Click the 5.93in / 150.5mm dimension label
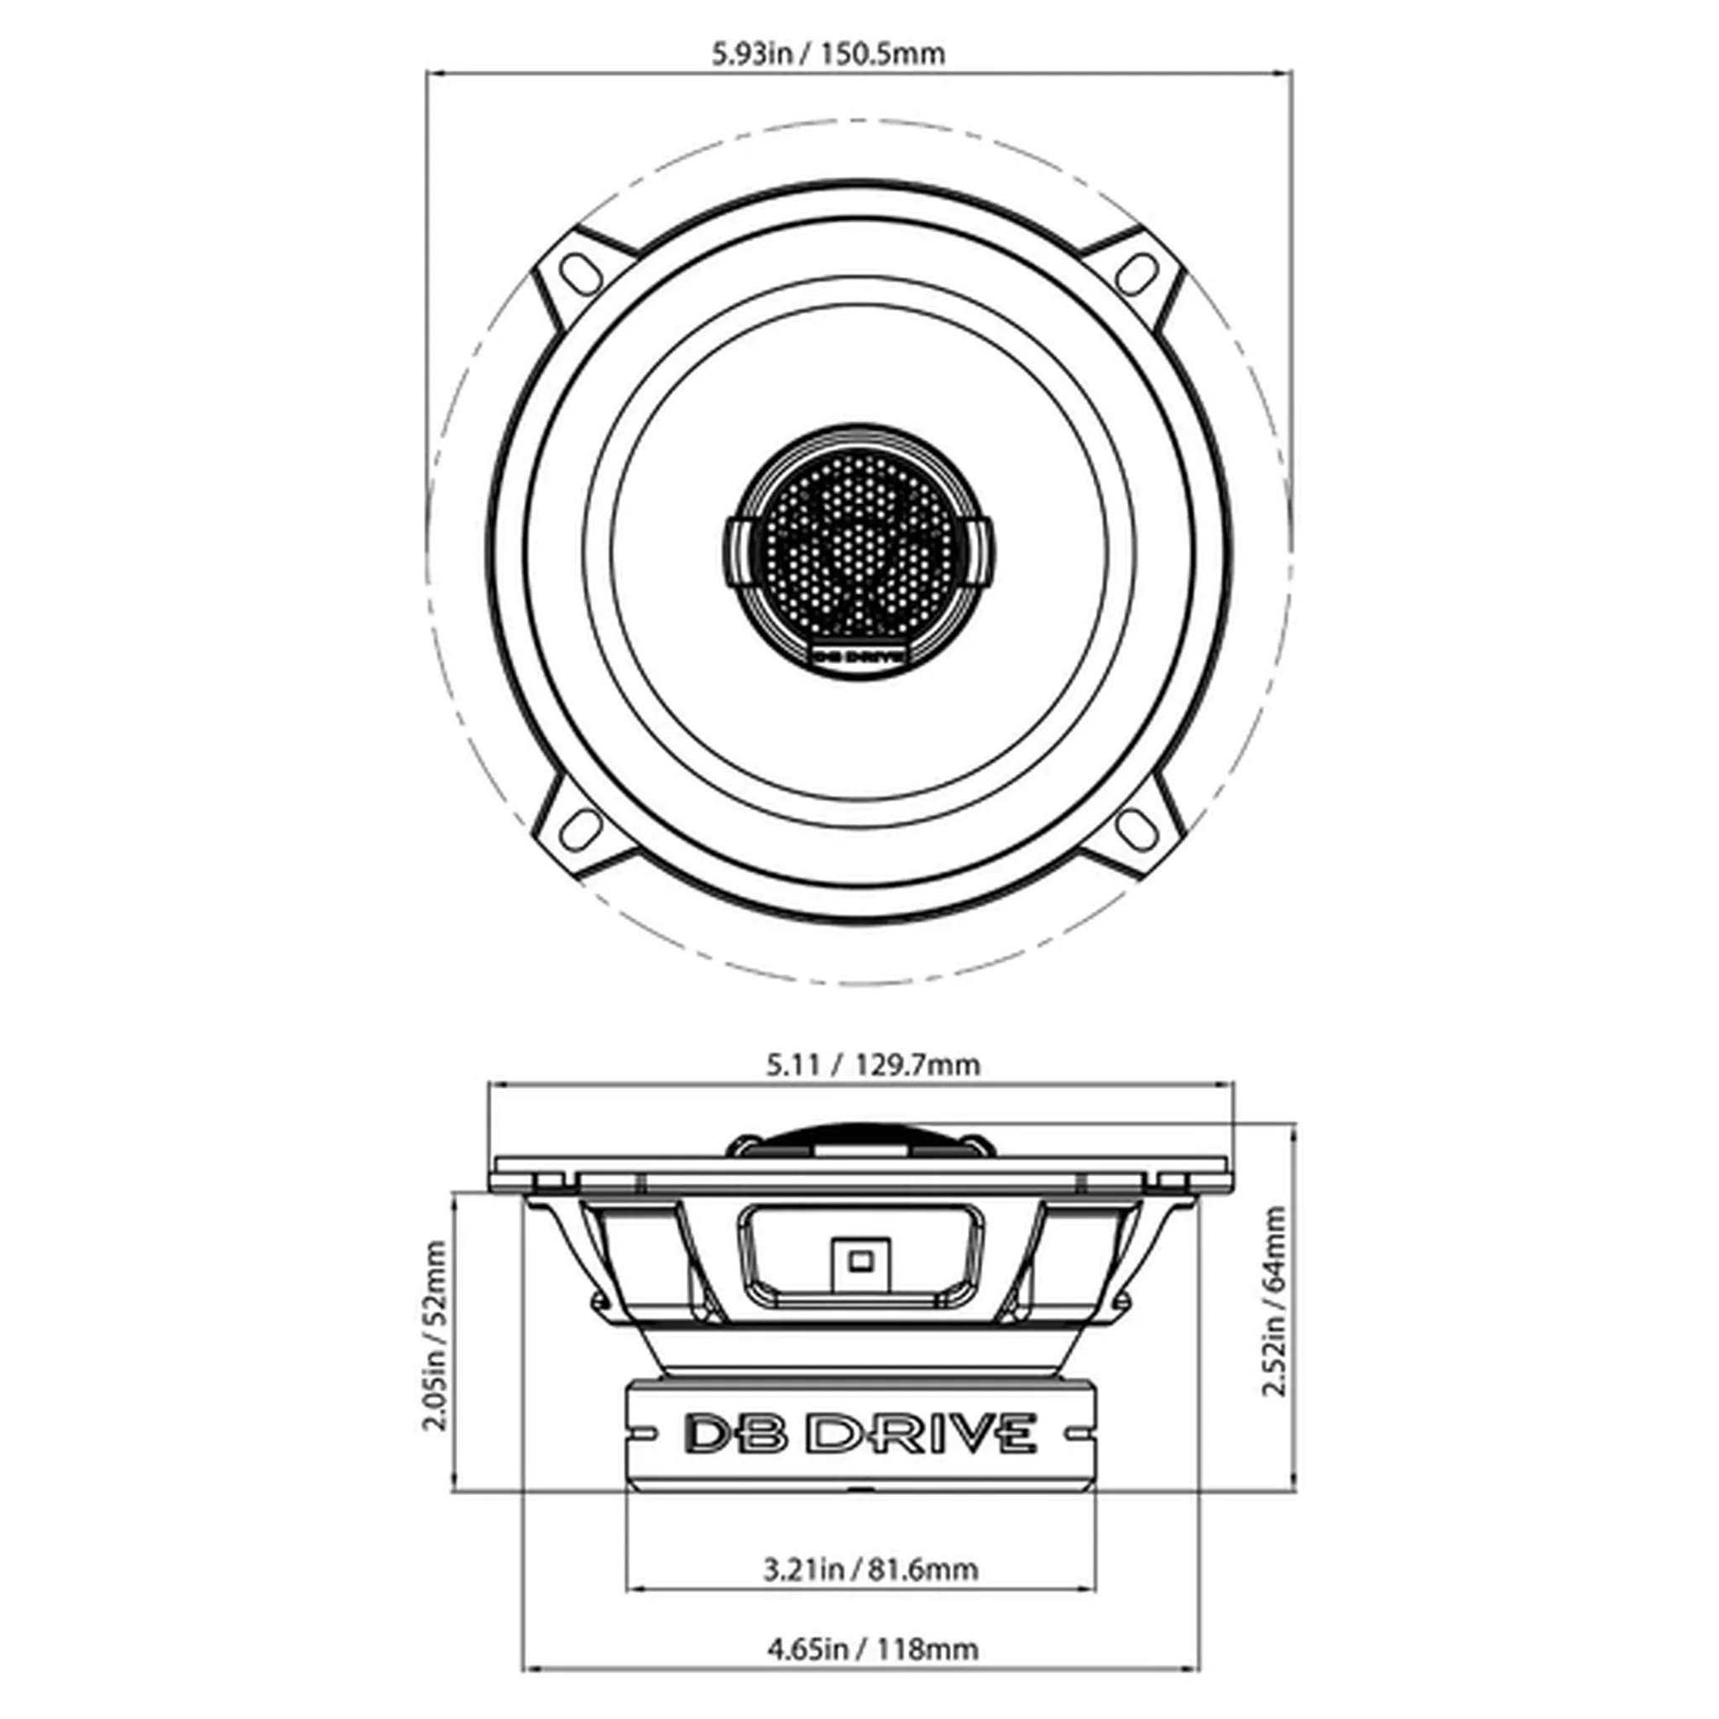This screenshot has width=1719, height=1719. tap(828, 55)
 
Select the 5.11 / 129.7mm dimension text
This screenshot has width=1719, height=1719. tap(873, 1065)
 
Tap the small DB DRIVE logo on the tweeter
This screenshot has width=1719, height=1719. tap(859, 656)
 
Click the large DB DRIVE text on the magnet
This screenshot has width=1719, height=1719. tap(859, 1434)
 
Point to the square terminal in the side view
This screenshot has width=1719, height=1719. tap(859, 1261)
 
